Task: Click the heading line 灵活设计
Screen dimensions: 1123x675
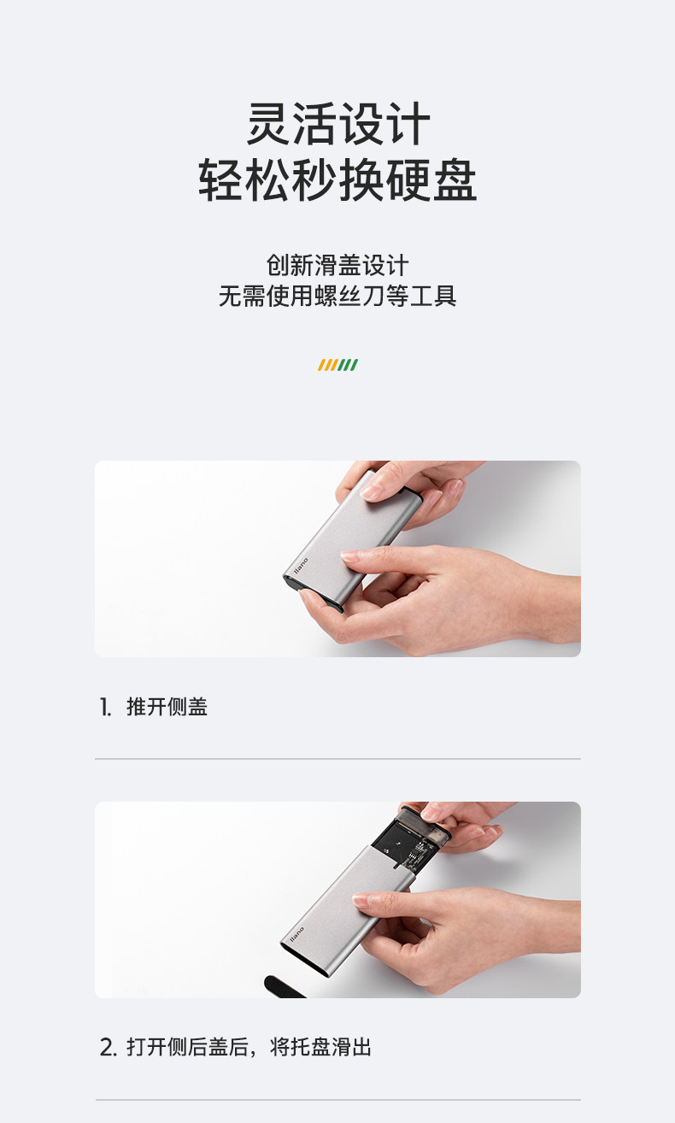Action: [337, 124]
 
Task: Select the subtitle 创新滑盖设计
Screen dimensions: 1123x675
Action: [337, 265]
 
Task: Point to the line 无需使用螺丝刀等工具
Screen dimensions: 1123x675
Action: [337, 297]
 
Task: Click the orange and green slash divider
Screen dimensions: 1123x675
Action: [337, 365]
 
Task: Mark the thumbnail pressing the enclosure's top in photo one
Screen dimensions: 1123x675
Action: [374, 490]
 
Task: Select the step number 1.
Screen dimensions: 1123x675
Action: [106, 708]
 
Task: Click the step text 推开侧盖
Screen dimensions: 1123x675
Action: [167, 708]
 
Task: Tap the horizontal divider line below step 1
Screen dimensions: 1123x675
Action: [337, 758]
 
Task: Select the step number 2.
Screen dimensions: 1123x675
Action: [108, 1048]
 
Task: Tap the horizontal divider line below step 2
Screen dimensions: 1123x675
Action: [337, 1099]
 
